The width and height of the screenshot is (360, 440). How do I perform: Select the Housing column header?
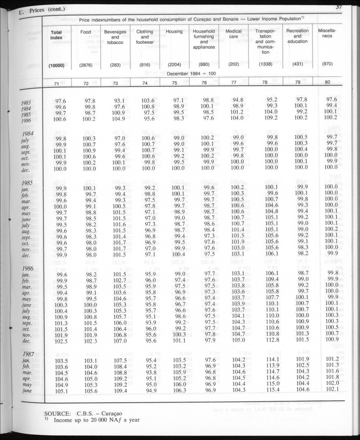point(174,31)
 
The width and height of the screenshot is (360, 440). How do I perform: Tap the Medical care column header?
point(234,34)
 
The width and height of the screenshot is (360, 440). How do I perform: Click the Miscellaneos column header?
point(327,33)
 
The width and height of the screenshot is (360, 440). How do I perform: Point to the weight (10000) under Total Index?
point(56,65)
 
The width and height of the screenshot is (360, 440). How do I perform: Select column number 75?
point(174,83)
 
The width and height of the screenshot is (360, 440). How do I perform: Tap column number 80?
point(327,83)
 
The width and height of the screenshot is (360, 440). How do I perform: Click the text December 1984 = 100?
point(192,74)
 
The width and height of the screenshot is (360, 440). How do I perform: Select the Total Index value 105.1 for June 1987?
point(61,391)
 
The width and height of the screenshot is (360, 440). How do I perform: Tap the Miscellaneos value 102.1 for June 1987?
point(332,390)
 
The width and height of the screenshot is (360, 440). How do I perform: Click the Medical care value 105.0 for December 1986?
point(238,340)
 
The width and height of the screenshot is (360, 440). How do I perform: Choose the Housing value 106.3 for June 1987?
point(180,390)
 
